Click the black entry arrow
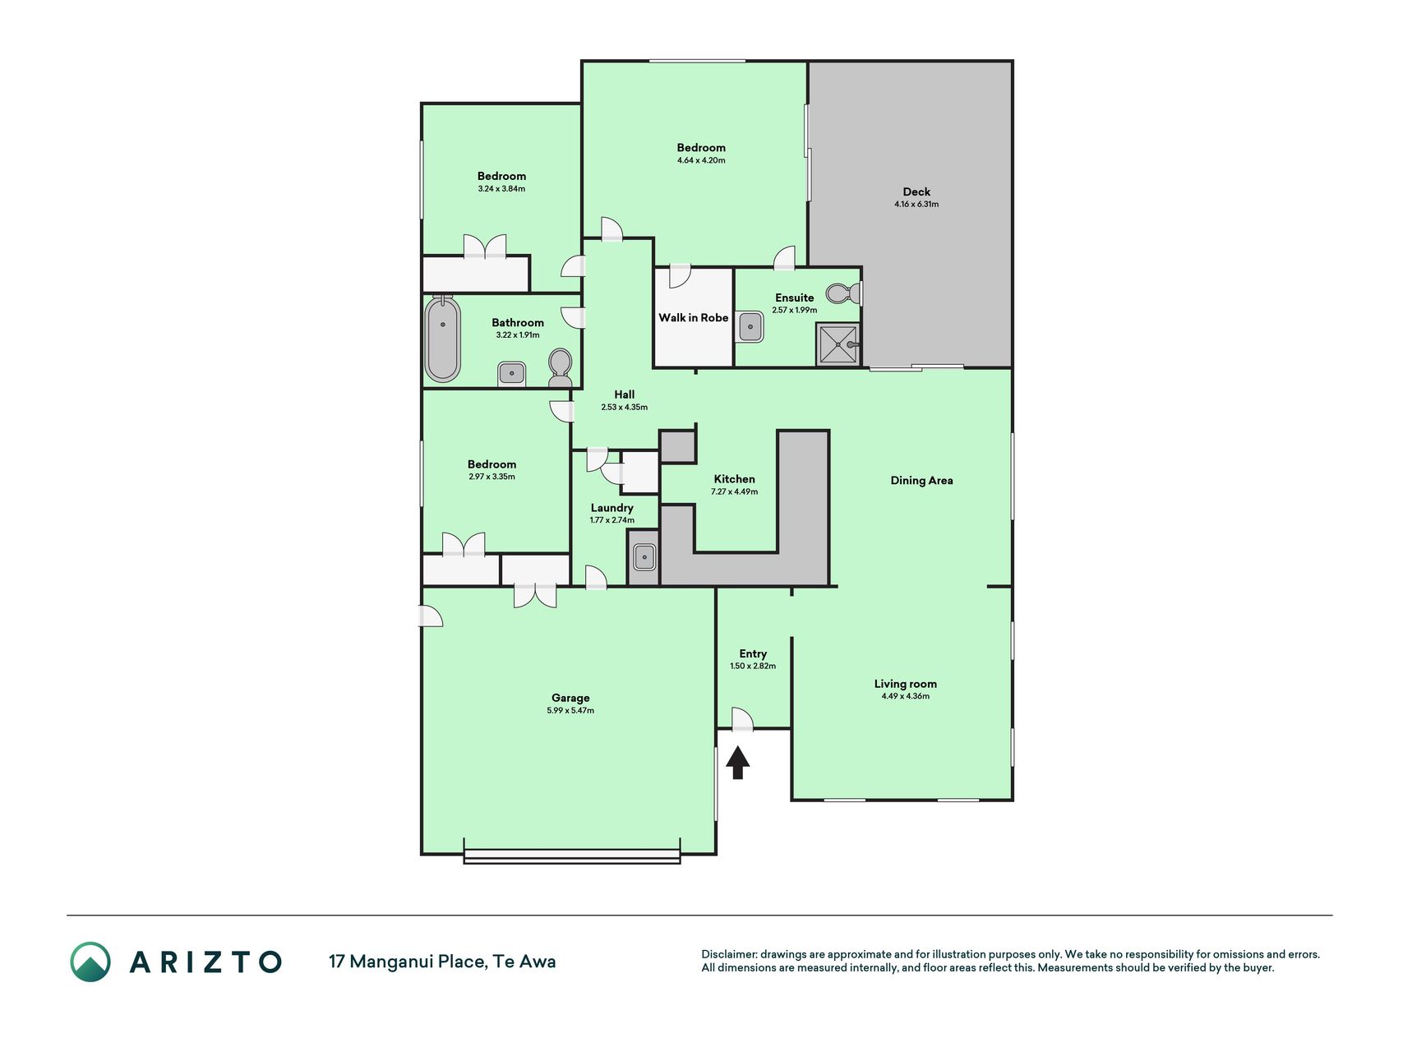coord(738,762)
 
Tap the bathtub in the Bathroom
coord(442,339)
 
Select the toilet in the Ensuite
coord(843,293)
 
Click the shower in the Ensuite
coord(838,344)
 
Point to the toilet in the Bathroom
coord(561,367)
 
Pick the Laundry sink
coord(644,557)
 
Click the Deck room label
coord(916,191)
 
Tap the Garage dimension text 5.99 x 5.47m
coord(570,710)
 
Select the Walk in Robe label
coord(694,318)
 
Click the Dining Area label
coord(922,481)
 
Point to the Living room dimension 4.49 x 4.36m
coord(906,696)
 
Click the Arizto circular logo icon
coord(90,962)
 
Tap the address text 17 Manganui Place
coord(408,962)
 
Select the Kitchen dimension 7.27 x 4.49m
coord(735,491)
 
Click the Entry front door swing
coord(742,719)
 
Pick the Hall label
coord(625,394)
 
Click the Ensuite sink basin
coord(750,326)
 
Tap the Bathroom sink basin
coord(511,374)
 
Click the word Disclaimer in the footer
coord(728,954)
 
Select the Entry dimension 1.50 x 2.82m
coord(753,667)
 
